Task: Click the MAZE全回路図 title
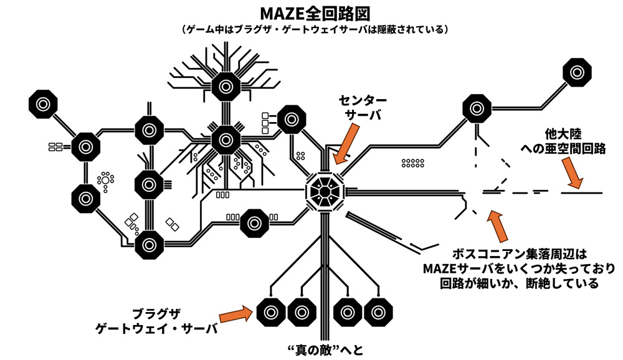point(311,13)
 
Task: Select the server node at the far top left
point(43,104)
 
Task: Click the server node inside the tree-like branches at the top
point(226,85)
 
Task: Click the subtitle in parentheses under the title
point(311,29)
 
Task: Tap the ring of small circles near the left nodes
point(105,181)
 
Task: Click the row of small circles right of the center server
point(412,163)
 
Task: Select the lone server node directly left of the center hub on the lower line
point(254,222)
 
